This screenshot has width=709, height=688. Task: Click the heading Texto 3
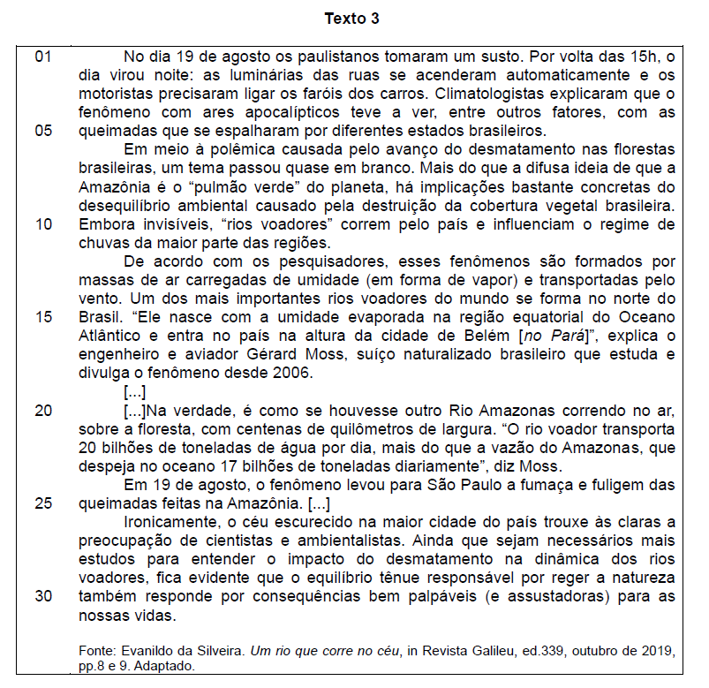tap(353, 19)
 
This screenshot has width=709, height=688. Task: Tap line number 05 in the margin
tap(44, 131)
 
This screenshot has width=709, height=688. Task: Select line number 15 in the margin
tap(44, 317)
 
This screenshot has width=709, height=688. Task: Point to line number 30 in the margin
tap(44, 596)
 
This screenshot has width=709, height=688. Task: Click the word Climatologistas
tap(512, 94)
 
